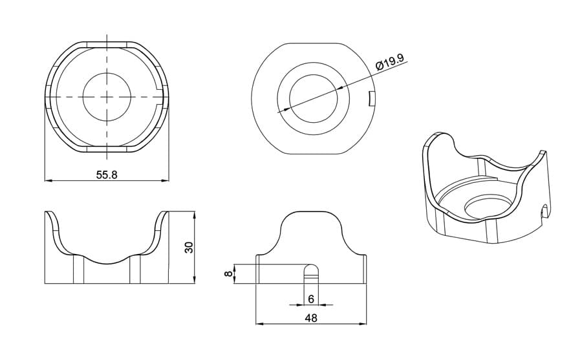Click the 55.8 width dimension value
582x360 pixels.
point(107,175)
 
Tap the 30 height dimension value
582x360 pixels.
point(189,247)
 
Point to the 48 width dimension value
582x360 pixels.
point(311,318)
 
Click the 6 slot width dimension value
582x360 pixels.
point(311,299)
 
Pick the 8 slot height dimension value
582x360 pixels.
point(229,274)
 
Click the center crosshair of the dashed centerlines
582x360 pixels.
point(107,96)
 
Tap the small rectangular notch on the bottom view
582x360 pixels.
point(371,99)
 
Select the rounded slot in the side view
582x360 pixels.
point(311,274)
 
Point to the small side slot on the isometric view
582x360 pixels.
point(545,211)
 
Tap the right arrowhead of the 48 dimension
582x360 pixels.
point(363,324)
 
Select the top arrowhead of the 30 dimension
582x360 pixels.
point(195,215)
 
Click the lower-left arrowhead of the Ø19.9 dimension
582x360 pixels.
point(282,110)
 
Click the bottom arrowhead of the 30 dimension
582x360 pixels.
point(195,280)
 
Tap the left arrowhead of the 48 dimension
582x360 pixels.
point(260,324)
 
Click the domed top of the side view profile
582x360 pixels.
point(311,211)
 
